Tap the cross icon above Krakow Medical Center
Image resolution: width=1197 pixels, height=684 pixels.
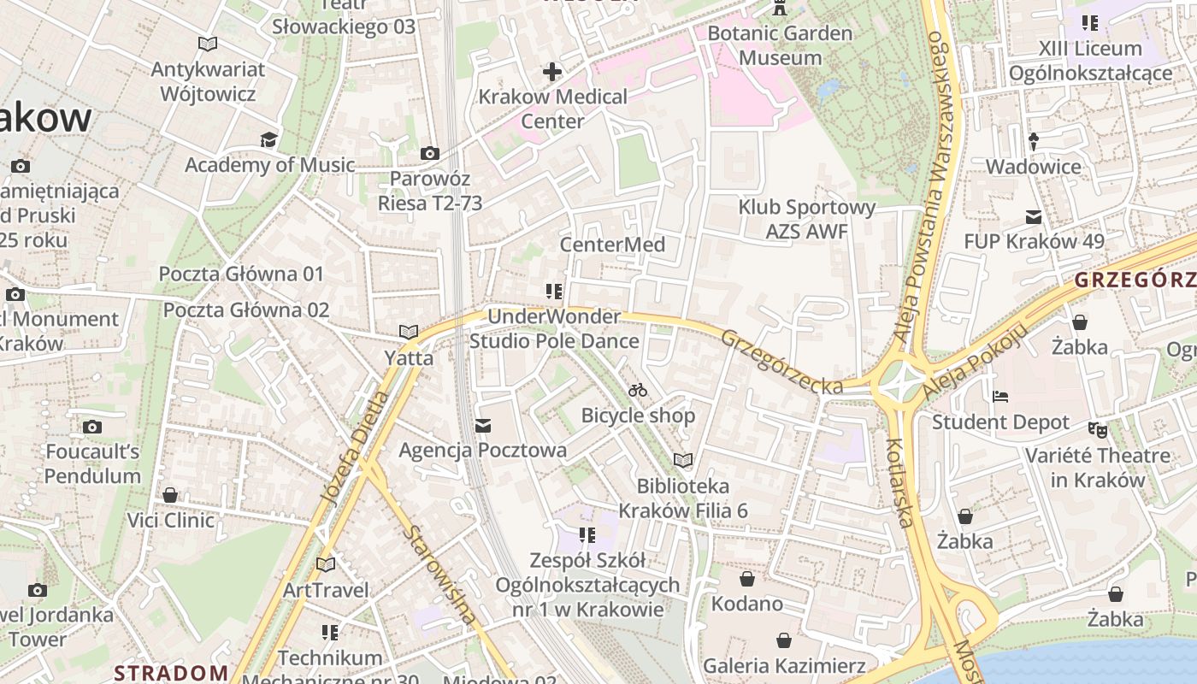click(x=552, y=71)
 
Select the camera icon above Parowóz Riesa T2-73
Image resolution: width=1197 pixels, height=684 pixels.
click(x=430, y=154)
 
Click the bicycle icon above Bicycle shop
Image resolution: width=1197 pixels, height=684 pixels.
click(x=638, y=391)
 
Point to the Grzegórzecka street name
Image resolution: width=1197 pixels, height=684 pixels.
click(x=781, y=363)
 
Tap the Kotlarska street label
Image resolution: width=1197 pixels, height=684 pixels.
click(x=903, y=483)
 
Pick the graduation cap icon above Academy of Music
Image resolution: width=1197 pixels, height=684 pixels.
click(x=269, y=139)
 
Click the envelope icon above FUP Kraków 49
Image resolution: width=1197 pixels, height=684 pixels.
click(x=1034, y=217)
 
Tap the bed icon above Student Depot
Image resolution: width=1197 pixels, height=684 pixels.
click(x=1000, y=397)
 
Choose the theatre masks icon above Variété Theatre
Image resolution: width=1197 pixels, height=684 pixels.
click(x=1098, y=429)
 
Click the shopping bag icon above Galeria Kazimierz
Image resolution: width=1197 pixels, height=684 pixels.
click(x=784, y=640)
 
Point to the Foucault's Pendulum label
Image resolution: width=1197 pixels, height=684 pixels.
click(x=93, y=463)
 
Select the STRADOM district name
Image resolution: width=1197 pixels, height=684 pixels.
click(x=171, y=672)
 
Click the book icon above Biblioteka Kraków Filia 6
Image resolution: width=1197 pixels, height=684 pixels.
click(x=682, y=461)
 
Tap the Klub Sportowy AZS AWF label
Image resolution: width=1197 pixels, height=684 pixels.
click(x=807, y=219)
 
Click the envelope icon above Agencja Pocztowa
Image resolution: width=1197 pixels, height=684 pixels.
click(x=483, y=425)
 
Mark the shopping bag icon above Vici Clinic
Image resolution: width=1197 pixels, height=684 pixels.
click(x=170, y=495)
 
